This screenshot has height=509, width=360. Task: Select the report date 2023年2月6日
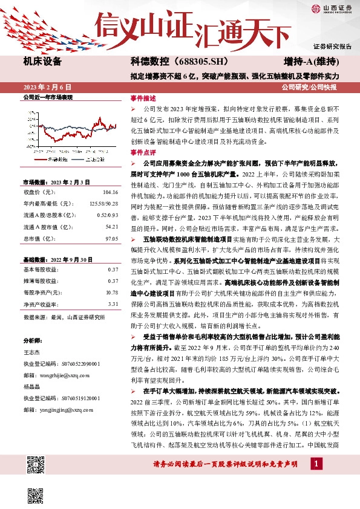point(47,88)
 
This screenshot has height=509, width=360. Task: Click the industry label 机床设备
point(42,62)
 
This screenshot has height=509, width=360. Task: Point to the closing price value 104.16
point(111,192)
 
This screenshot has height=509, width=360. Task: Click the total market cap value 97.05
point(111,239)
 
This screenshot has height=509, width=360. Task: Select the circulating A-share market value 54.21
point(111,227)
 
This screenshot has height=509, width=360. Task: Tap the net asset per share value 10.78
point(111,292)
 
